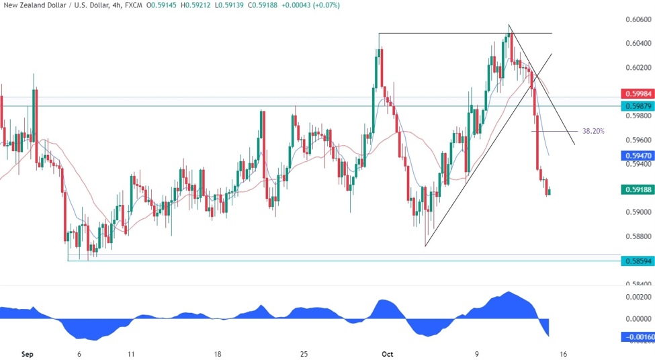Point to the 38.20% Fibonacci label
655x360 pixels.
click(593, 131)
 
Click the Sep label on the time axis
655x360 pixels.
click(27, 353)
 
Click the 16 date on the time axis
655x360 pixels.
click(563, 353)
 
